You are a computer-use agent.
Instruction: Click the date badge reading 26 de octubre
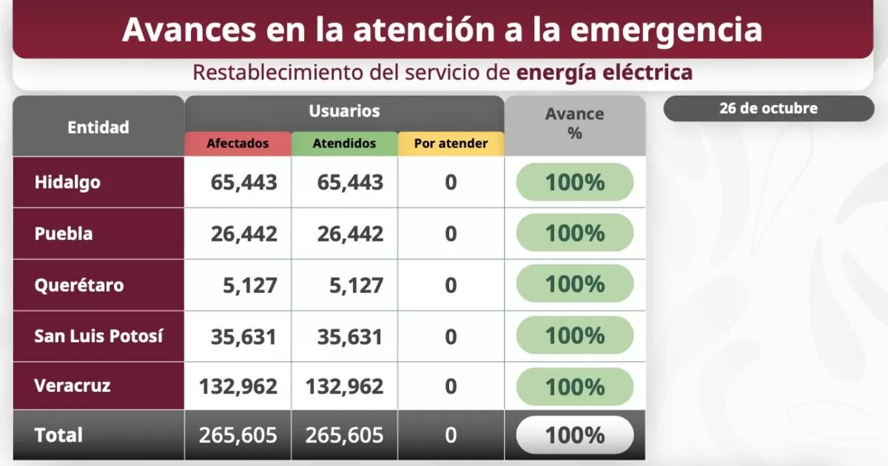[x=768, y=108]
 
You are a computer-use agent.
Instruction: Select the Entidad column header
[x=98, y=127]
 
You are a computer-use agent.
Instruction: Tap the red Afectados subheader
[x=238, y=144]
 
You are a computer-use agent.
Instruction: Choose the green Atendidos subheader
[x=344, y=144]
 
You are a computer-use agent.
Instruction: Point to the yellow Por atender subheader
[x=451, y=144]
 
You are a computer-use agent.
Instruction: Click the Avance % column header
[x=574, y=124]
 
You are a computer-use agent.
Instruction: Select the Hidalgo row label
[x=67, y=182]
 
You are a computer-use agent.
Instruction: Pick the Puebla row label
[x=64, y=233]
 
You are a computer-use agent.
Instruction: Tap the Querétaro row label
[x=79, y=285]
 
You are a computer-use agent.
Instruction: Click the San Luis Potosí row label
[x=98, y=336]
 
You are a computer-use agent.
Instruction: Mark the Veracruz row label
[x=73, y=385]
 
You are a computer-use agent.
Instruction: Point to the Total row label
[x=58, y=435]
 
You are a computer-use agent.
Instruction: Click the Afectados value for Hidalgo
[x=243, y=182]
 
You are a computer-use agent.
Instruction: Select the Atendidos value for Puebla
[x=350, y=234]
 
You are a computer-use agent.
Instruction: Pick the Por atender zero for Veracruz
[x=451, y=386]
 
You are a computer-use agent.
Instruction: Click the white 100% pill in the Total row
[x=575, y=435]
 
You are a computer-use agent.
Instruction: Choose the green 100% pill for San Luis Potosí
[x=575, y=336]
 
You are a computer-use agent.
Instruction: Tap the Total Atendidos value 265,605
[x=344, y=435]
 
